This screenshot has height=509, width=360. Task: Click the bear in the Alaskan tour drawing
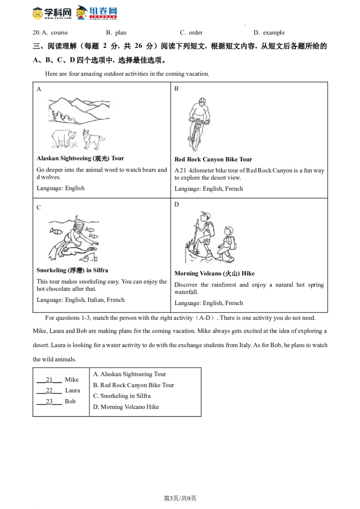pos(64,138)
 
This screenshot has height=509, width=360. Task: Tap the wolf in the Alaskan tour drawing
pos(93,139)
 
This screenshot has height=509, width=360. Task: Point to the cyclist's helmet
pos(202,100)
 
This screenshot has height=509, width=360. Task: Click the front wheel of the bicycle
pos(195,138)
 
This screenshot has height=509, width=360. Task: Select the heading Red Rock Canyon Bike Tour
pos(213,159)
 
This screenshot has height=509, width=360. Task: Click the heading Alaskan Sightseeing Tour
pos(80,158)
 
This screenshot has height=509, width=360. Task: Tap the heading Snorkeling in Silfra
pos(72,270)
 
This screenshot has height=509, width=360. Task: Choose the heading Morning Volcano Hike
pos(215,274)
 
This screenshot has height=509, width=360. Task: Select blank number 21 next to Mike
pos(49,380)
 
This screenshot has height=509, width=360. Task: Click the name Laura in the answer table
pos(72,390)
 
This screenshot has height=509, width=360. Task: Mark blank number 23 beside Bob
pos(49,402)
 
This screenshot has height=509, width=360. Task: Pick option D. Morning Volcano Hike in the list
pos(126,407)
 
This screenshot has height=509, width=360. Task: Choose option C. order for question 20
pos(191,33)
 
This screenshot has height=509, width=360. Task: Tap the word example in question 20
pos(274,33)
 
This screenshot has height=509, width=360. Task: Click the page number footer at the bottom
pos(180,498)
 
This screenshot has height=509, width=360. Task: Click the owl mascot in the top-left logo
pos(38,13)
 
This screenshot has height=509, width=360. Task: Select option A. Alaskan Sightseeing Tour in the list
pos(130,374)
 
